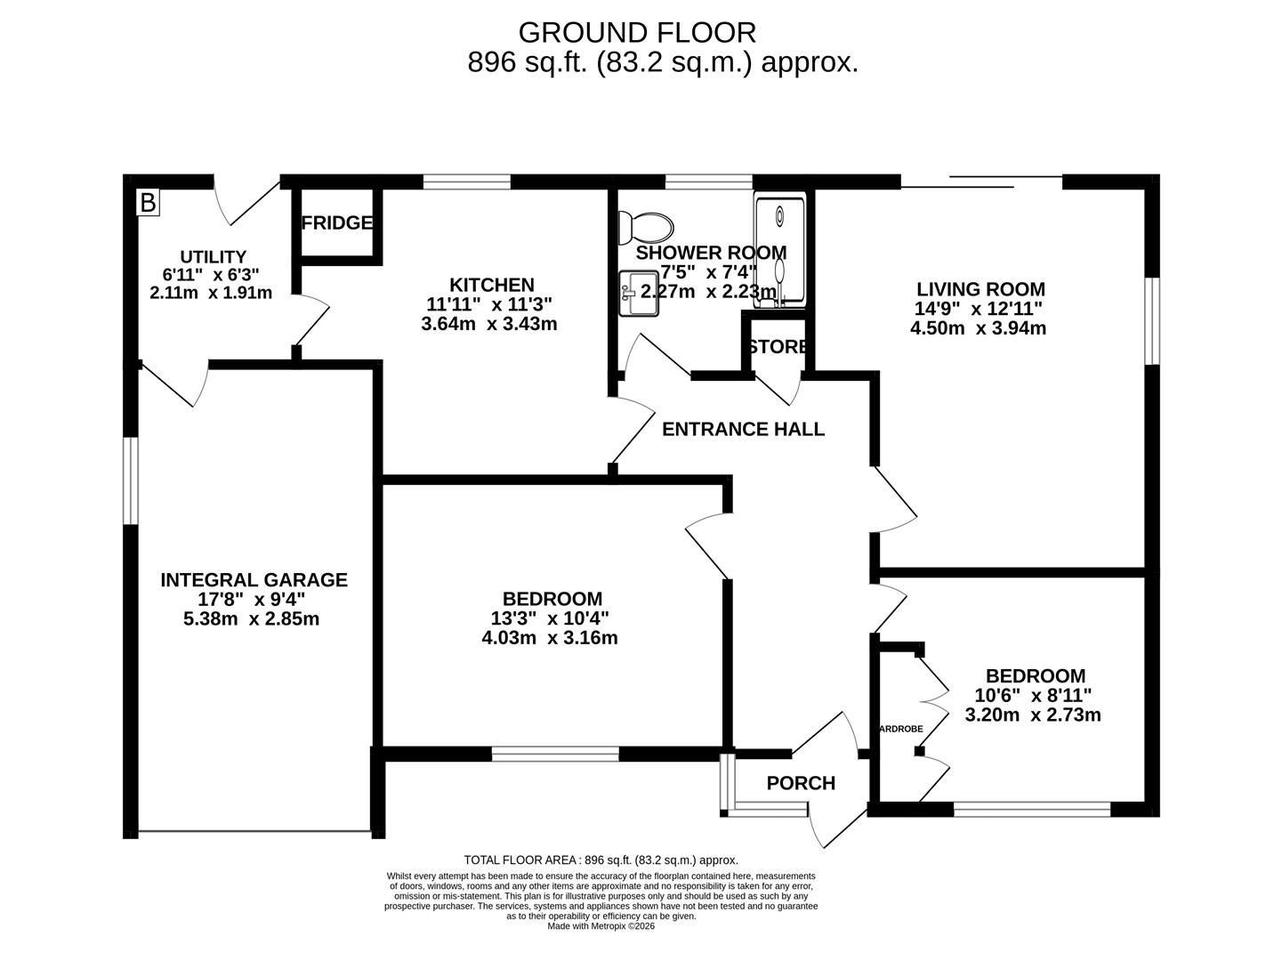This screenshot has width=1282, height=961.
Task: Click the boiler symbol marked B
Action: (x=148, y=203)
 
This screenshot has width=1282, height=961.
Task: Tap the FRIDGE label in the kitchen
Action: (x=336, y=222)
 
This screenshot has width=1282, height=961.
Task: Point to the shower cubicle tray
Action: (x=779, y=251)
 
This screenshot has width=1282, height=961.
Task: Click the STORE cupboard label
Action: (x=778, y=347)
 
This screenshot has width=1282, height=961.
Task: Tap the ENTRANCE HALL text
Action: (x=743, y=430)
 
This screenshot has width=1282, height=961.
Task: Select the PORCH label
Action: (x=801, y=783)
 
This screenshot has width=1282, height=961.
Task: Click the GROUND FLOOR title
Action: (x=637, y=33)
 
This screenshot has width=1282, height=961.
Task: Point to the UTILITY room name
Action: (x=213, y=257)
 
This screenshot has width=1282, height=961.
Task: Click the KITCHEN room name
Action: (x=491, y=285)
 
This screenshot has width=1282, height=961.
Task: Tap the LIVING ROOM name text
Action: (x=980, y=289)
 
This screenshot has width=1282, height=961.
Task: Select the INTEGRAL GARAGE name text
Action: (x=254, y=580)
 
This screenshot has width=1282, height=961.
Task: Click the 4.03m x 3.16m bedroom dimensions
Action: (x=549, y=638)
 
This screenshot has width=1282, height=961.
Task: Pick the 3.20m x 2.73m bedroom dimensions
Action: (x=1033, y=715)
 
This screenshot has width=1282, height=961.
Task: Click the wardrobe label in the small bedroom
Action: (x=900, y=729)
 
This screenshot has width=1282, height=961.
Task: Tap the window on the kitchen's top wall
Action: (x=467, y=182)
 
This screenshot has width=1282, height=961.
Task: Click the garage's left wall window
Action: (x=131, y=480)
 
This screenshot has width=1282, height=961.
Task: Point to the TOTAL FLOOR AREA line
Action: (x=601, y=860)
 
